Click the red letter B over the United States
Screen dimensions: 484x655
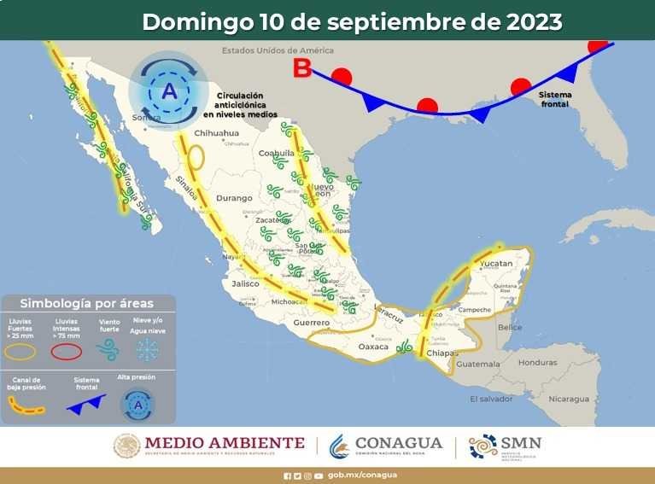click(301, 68)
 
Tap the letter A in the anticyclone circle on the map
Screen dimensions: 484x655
click(169, 90)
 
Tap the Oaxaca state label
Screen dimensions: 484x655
click(373, 347)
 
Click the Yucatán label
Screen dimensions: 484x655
click(496, 265)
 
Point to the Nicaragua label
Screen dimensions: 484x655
click(569, 399)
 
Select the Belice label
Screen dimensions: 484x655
click(510, 327)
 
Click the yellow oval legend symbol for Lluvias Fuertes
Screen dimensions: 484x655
click(22, 351)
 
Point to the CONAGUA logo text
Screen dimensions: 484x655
click(398, 443)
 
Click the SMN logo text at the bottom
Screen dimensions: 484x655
click(521, 443)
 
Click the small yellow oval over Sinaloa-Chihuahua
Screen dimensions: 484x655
click(196, 159)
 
